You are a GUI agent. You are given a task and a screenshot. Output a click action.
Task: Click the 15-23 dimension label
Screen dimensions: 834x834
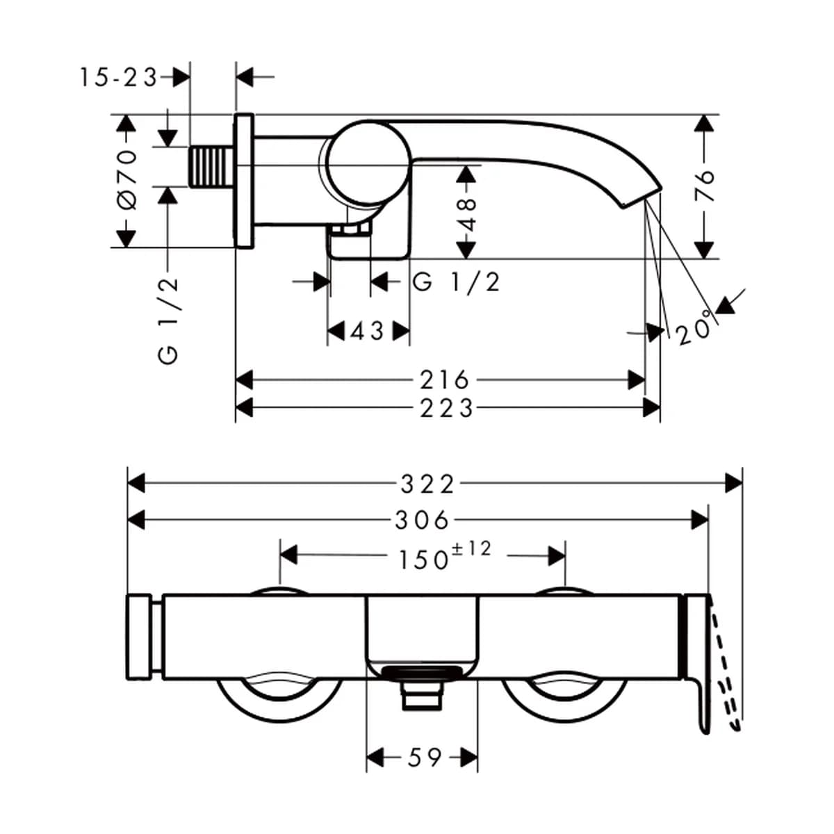click(x=117, y=78)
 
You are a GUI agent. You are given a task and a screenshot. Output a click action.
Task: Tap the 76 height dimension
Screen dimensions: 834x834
click(x=704, y=186)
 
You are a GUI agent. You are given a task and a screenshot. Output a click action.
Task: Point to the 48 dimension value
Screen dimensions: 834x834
click(x=466, y=215)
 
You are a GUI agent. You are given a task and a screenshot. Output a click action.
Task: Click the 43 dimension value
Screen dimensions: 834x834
click(x=367, y=332)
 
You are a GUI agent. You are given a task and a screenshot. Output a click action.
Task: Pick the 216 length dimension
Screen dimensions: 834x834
click(x=445, y=380)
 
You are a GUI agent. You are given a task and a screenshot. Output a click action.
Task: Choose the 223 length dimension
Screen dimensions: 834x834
click(x=447, y=408)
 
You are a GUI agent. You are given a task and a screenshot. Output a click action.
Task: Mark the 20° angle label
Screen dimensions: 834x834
click(x=694, y=327)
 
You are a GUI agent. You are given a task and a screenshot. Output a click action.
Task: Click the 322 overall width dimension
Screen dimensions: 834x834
click(x=427, y=484)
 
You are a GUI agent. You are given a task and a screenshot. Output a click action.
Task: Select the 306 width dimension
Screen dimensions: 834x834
click(x=422, y=521)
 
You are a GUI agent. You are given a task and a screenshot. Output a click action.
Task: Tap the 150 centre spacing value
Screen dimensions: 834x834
click(x=423, y=559)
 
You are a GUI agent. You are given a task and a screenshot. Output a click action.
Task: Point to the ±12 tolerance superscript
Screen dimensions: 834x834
click(x=471, y=549)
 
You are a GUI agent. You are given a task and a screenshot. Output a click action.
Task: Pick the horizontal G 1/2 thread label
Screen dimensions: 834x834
click(x=457, y=282)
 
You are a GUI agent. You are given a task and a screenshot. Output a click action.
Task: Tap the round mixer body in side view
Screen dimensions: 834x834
click(x=369, y=163)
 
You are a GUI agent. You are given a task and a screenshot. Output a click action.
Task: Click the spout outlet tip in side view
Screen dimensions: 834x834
click(x=642, y=197)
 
